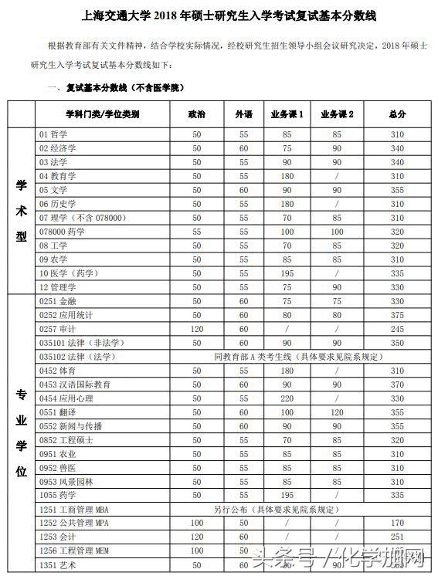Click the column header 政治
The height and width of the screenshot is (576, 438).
click(197, 114)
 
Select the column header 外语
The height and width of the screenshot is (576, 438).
click(243, 114)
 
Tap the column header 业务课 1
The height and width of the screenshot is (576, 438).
click(287, 114)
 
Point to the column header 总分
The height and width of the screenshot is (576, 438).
click(397, 114)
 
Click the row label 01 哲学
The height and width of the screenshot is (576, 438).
click(53, 134)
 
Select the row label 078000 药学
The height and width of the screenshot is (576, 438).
click(62, 231)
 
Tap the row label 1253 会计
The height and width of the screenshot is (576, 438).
click(58, 537)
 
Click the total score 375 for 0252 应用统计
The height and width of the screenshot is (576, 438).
click(397, 314)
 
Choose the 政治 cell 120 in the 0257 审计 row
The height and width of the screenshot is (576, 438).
click(197, 328)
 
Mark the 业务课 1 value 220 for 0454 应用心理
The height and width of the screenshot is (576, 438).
click(287, 398)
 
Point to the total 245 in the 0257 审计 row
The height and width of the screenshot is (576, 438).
click(397, 328)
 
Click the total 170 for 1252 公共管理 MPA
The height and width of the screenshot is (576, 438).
click(397, 523)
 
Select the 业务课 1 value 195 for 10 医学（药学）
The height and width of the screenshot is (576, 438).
click(287, 273)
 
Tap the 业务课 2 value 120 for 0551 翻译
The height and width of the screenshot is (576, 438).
click(337, 412)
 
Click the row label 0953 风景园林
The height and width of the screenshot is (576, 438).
click(66, 481)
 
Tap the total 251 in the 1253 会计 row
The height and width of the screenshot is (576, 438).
click(397, 537)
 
